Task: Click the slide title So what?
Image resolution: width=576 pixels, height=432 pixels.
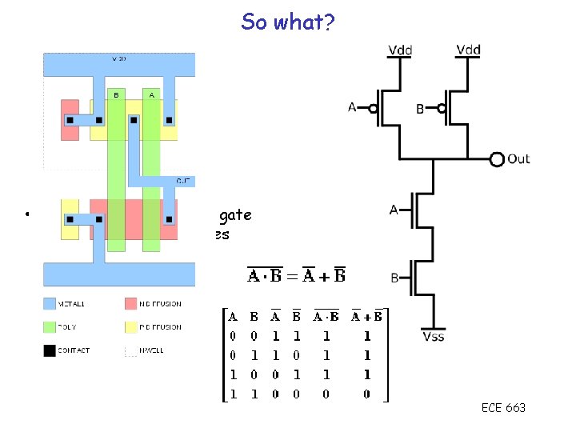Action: [289, 22]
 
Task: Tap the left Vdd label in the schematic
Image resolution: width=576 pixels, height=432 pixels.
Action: [401, 50]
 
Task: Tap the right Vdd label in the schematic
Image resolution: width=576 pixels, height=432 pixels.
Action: [469, 50]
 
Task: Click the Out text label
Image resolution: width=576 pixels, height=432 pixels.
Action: [518, 158]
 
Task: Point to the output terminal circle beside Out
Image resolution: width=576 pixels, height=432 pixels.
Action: [497, 158]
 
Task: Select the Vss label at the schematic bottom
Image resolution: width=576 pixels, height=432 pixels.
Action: [433, 336]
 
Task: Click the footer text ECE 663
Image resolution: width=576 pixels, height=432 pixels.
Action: [503, 408]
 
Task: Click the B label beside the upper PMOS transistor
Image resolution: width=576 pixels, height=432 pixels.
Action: [420, 109]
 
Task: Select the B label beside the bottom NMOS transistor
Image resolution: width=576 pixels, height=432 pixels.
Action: [394, 278]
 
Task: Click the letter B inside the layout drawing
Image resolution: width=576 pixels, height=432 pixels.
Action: [116, 94]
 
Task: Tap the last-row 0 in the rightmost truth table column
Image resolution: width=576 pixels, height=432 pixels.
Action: [366, 393]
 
